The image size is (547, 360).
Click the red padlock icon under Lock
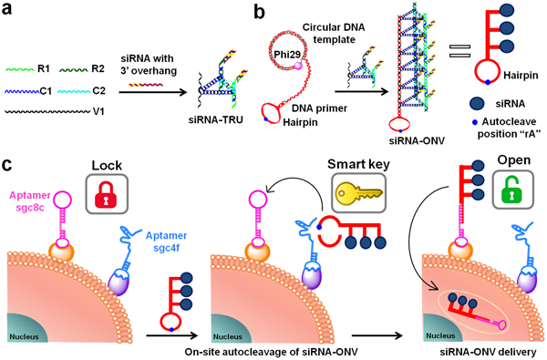click(107, 194)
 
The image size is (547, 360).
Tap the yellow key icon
click(359, 194)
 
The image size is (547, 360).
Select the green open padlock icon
click(512, 190)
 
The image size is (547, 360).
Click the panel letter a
click(6, 9)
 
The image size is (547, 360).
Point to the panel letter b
click(259, 11)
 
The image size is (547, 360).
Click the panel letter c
click(6, 165)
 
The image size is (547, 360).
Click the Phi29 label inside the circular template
click(287, 55)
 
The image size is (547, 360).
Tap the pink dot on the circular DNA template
click(298, 66)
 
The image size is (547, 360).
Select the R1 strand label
click(43, 68)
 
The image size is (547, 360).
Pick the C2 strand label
click(98, 91)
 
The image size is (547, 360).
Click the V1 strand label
click(98, 111)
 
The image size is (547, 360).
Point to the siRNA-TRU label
click(215, 119)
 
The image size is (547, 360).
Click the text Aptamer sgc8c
click(30, 201)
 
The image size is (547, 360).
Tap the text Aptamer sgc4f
click(166, 242)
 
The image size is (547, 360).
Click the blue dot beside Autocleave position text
click(474, 122)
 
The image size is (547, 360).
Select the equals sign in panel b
click(459, 51)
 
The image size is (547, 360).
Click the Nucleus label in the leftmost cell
click(24, 337)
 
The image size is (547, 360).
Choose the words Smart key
click(358, 164)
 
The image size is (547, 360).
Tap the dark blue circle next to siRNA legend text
click(477, 104)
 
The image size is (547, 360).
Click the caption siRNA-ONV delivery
click(488, 353)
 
